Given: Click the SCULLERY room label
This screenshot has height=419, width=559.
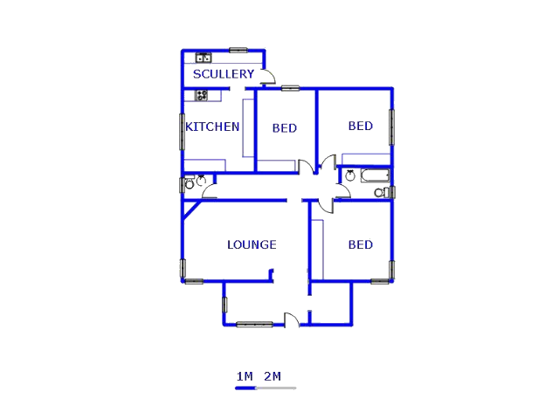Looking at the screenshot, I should pos(224,74).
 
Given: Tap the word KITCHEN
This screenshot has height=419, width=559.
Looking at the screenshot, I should pos(212,127).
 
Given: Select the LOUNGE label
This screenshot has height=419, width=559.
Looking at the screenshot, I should pos(252,244).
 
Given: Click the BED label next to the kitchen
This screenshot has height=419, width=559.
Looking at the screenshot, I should pos(284,128).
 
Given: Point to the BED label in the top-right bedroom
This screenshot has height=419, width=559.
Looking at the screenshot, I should pos(360,126).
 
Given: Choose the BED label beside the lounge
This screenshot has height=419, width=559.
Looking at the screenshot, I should pos(360,244).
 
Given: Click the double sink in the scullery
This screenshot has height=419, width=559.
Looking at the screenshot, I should pos(204,58).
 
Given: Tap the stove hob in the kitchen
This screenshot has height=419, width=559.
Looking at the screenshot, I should pos(202,95).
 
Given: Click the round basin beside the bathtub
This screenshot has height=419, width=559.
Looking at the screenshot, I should pos(350,175).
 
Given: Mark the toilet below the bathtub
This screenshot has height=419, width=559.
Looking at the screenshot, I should pos(380,192).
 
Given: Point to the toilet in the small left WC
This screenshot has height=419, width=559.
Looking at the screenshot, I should pos(190,184).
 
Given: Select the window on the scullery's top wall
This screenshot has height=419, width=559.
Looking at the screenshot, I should pos(238,50).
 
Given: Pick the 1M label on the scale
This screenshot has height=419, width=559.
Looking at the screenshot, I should pos(245,376).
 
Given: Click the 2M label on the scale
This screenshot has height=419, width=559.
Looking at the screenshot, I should pos(273,376).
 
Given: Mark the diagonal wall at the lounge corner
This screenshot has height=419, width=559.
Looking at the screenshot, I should pos(194,208).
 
